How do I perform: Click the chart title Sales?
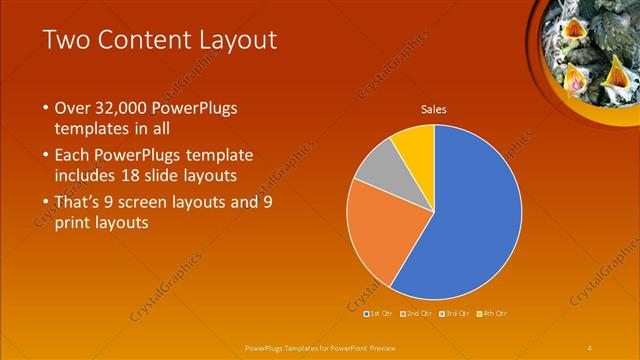click(x=433, y=109)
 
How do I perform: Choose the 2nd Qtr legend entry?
click(x=417, y=313)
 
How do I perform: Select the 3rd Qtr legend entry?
click(x=455, y=313)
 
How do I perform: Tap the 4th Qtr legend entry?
click(x=493, y=313)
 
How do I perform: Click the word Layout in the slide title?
click(x=239, y=41)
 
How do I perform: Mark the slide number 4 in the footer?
click(x=590, y=347)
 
